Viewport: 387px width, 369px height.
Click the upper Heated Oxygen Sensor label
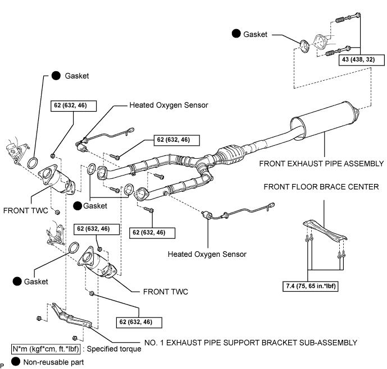click(x=169, y=105)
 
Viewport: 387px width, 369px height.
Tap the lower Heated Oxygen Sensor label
click(x=207, y=254)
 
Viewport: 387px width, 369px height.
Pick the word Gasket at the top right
click(x=257, y=34)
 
